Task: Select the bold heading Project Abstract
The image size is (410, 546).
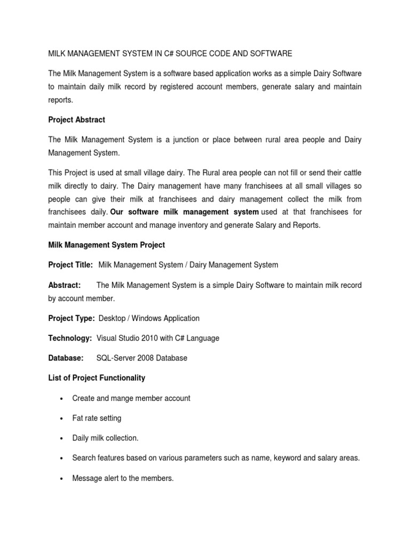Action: pos(76,120)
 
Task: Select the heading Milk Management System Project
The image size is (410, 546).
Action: pos(106,245)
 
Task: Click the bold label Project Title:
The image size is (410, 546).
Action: pos(70,264)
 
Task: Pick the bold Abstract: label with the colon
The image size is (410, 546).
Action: pos(64,285)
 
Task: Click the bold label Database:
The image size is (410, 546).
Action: pos(66,358)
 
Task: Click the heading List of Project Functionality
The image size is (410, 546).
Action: pos(96,378)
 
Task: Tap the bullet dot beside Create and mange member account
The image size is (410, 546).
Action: pos(63,398)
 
